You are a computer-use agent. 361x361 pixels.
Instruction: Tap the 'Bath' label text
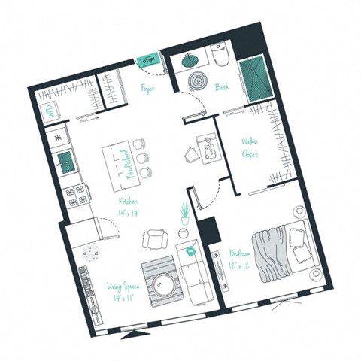pos(221,87)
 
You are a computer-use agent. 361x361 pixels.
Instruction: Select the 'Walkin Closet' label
pos(250,147)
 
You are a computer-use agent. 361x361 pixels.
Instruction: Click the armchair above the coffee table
pos(156,241)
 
